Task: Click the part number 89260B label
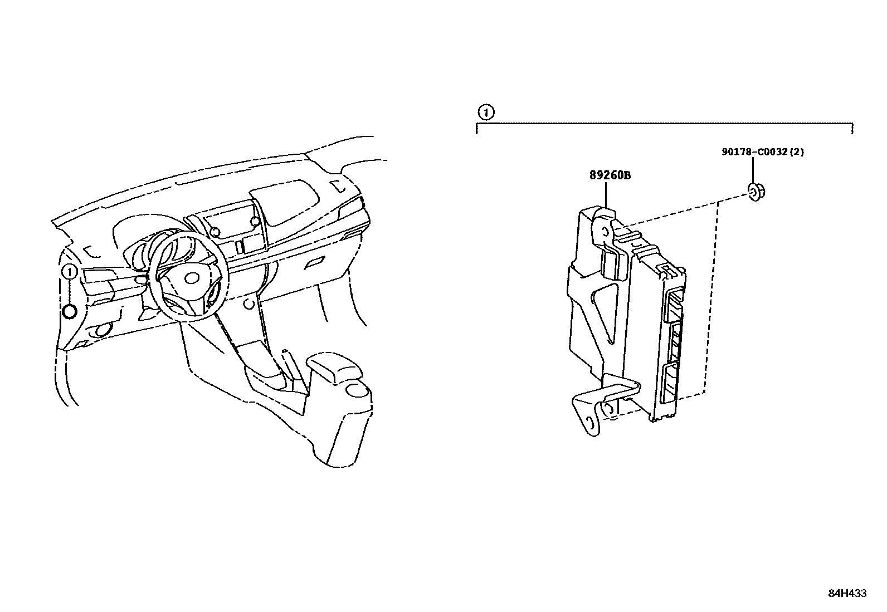(610, 175)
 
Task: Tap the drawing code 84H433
(847, 594)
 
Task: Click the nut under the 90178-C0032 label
(755, 193)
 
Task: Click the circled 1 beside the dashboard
(69, 272)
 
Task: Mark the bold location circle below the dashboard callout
(70, 312)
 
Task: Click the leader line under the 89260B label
(606, 195)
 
